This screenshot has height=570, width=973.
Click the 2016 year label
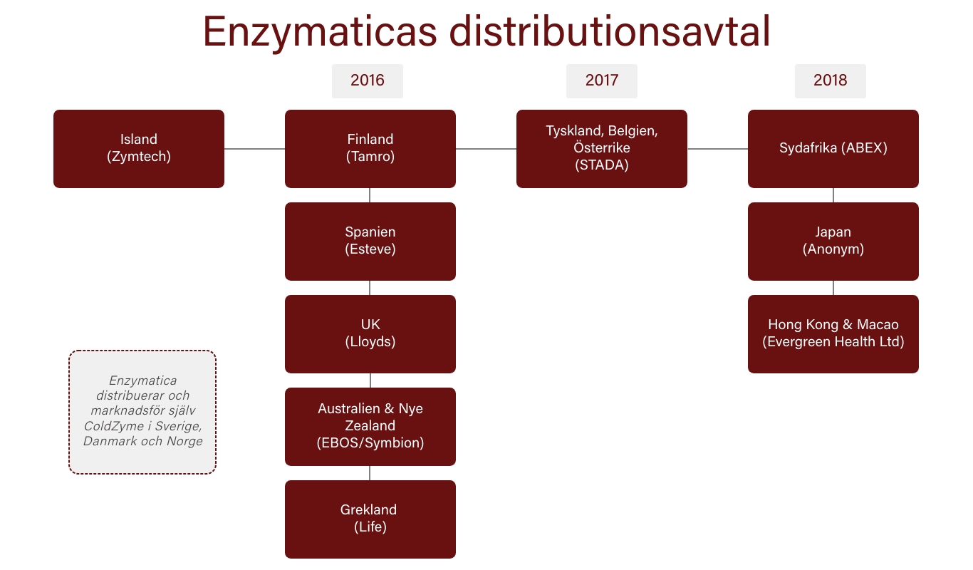pos(367,81)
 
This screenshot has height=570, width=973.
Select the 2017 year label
pos(602,81)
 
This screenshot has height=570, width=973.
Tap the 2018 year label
pos(830,81)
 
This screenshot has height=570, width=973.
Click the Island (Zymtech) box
pos(139,149)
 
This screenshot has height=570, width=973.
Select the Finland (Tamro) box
pos(370,149)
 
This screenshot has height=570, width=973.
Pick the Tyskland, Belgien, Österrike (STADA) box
pos(602,149)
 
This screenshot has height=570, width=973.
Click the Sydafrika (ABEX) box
pos(833,149)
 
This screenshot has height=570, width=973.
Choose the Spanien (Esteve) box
pos(370,241)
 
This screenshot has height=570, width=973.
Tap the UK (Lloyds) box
pos(370,333)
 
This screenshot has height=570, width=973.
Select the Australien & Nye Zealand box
pos(370,427)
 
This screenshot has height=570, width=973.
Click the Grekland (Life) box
pos(370,519)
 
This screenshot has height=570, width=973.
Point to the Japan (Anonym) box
pos(833,241)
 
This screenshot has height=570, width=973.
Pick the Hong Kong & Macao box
pos(833,333)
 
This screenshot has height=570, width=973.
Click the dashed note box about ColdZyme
pos(142,412)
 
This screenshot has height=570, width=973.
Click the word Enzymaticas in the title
pos(320,32)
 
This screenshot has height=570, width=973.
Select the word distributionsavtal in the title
pos(610,31)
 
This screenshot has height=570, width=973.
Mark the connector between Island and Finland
pos(254,149)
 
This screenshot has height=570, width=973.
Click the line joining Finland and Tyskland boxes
pos(486,149)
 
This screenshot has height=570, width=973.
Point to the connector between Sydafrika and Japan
pos(833,195)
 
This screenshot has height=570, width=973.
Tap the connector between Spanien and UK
pos(370,288)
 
